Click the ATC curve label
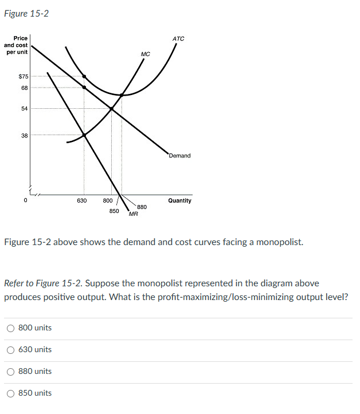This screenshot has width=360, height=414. pos(178,38)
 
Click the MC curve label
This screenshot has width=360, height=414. pos(145,54)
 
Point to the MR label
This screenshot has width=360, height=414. pos(133,215)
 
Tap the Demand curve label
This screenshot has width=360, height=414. pos(179,156)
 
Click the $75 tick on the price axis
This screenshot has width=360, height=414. pos(24,76)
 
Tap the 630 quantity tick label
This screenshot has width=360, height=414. pos(81,201)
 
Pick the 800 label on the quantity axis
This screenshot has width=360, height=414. pos(108,201)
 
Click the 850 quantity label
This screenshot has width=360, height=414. pos(114,211)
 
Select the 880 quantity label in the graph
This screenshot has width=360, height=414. pos(142,207)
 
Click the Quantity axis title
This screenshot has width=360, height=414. pos(179,201)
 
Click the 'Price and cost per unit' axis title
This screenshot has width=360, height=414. pos(16,45)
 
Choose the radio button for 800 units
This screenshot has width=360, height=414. pos(11,328)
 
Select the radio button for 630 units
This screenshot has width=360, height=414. pos(11,350)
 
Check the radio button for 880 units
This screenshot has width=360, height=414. pos(11,372)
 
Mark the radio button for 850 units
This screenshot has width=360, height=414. pos(11,393)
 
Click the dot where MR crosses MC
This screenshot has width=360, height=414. pos(84,135)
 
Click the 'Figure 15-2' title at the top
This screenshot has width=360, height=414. pos(26,13)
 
